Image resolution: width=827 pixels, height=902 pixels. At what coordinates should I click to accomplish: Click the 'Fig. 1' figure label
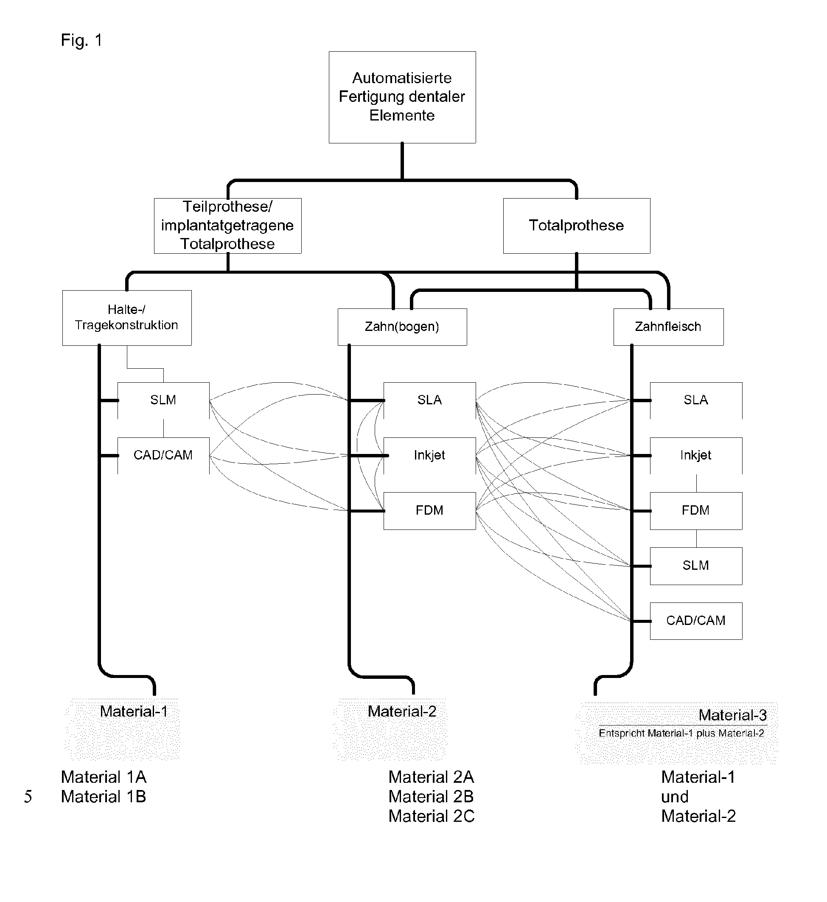(81, 40)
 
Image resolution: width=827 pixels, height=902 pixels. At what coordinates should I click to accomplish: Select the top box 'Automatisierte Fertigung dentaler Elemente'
(402, 97)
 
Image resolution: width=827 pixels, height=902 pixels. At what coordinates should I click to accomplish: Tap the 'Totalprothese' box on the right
(576, 226)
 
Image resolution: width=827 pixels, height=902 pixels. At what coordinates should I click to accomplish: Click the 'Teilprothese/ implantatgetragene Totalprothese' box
(227, 226)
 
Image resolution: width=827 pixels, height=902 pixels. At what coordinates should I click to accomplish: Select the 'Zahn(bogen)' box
(402, 327)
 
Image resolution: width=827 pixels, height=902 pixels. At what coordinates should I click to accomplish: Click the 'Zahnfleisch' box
(668, 327)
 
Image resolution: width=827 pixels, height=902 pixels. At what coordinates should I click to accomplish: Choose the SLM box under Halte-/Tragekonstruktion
(163, 400)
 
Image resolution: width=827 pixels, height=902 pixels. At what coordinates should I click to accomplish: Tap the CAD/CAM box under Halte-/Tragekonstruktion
(163, 455)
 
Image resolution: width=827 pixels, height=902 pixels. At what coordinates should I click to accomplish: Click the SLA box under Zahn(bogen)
(429, 400)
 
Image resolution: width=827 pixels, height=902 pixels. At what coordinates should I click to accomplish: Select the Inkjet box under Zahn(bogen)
(429, 455)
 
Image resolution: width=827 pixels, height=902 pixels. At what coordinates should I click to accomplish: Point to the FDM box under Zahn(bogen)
(429, 510)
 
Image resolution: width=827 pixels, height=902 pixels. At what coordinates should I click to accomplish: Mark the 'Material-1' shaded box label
(133, 712)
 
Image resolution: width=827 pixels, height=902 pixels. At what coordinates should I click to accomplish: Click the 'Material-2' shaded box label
(402, 712)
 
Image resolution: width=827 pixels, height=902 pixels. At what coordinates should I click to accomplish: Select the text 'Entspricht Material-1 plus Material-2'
(681, 733)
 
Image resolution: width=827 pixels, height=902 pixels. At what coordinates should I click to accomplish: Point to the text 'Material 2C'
(432, 816)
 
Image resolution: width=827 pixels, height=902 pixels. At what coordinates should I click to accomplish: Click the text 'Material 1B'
(104, 796)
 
